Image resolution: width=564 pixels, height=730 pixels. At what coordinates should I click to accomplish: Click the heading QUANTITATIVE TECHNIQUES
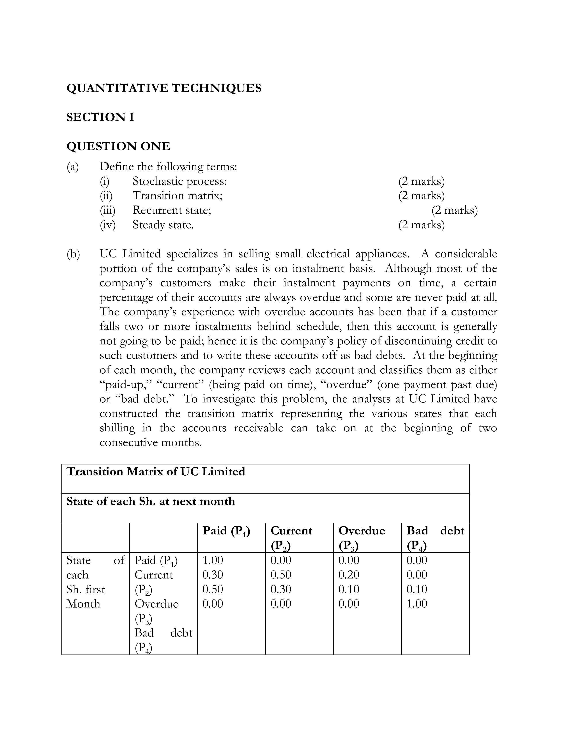click(164, 88)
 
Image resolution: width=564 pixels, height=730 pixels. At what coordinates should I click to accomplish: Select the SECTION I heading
click(100, 117)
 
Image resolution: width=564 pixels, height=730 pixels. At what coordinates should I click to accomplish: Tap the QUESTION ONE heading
click(118, 146)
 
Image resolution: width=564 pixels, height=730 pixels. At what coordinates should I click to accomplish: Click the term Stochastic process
click(179, 181)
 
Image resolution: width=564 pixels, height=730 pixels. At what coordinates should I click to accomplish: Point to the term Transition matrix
click(177, 196)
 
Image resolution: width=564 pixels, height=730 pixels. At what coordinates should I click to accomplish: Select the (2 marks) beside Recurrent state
click(455, 210)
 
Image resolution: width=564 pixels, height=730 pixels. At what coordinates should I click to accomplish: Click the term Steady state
click(163, 225)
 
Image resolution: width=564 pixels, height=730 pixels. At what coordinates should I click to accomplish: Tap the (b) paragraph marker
click(73, 254)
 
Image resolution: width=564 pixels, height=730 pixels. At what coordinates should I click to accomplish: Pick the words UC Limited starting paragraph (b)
click(130, 254)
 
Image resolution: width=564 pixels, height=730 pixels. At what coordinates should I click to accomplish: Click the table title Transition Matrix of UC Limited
click(156, 472)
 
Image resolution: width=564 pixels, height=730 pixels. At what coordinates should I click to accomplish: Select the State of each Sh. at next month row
click(151, 501)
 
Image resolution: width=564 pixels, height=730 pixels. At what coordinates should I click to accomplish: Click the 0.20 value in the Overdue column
click(349, 574)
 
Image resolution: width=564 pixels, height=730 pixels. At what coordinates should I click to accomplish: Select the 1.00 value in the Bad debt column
click(417, 604)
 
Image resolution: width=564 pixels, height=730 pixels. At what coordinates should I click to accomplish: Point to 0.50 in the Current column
click(281, 574)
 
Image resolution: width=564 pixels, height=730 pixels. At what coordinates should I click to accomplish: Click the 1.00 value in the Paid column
click(213, 560)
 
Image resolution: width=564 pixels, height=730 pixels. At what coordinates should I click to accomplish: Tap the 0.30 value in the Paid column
click(213, 574)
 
